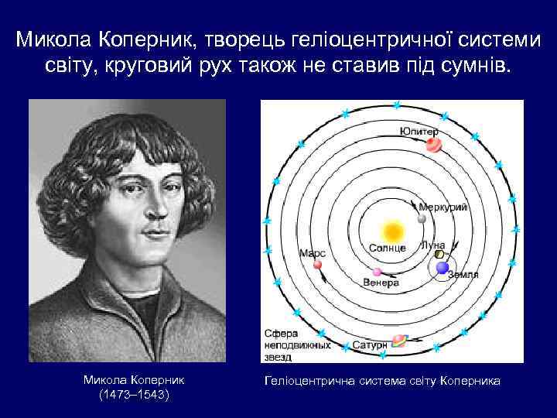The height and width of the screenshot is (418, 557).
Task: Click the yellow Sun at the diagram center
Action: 392,231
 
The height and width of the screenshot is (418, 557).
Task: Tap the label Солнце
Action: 388,248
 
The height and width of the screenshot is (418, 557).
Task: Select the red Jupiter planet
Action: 434,145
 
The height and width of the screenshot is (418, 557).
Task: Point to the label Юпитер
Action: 420,132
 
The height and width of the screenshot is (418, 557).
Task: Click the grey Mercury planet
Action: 422,218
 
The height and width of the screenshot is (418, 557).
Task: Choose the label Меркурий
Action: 443,207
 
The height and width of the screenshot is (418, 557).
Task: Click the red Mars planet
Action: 317,265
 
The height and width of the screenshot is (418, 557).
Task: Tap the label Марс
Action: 313,253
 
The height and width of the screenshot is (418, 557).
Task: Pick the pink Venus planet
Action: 378,272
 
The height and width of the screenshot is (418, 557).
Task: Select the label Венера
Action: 381,283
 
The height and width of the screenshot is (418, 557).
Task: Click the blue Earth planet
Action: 443,267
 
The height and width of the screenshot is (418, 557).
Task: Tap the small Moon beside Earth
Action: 439,254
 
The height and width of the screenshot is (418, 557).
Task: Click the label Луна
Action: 432,245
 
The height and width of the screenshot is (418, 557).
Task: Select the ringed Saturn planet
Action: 400,340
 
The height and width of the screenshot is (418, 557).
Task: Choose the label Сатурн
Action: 369,344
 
